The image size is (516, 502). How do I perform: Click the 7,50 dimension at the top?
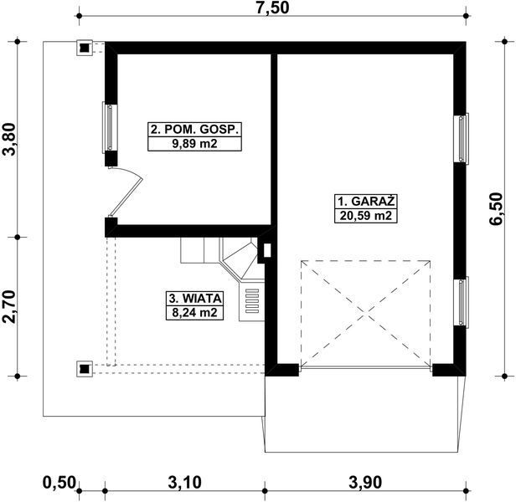pos(272,8)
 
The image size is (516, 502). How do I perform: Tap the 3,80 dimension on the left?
pos(9,139)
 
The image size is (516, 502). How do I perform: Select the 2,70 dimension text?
pos(9,306)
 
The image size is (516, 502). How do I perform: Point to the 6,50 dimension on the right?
pos(496,209)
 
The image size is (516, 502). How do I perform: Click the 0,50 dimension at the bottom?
pos(59,483)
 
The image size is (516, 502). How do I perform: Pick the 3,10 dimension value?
pos(184,483)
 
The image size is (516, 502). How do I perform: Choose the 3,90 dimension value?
pos(365,483)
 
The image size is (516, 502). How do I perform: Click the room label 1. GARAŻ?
pos(366,201)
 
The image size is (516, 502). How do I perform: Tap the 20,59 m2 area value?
pos(366,216)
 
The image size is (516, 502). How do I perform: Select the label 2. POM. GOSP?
pos(194,129)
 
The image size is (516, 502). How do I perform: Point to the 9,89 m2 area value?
pos(195,144)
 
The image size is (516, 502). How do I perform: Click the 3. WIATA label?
pos(195,299)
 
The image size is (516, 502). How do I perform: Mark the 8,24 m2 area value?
pos(195,312)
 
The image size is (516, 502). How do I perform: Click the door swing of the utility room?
pos(126,191)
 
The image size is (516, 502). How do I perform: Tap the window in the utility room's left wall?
pos(110,127)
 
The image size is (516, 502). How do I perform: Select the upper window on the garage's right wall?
pos(462,138)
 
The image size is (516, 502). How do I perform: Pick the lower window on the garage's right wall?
pos(462,302)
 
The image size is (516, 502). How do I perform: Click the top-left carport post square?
pos(85,48)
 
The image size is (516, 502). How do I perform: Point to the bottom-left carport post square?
pos(85,369)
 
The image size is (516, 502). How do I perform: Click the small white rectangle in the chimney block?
pos(267,250)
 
